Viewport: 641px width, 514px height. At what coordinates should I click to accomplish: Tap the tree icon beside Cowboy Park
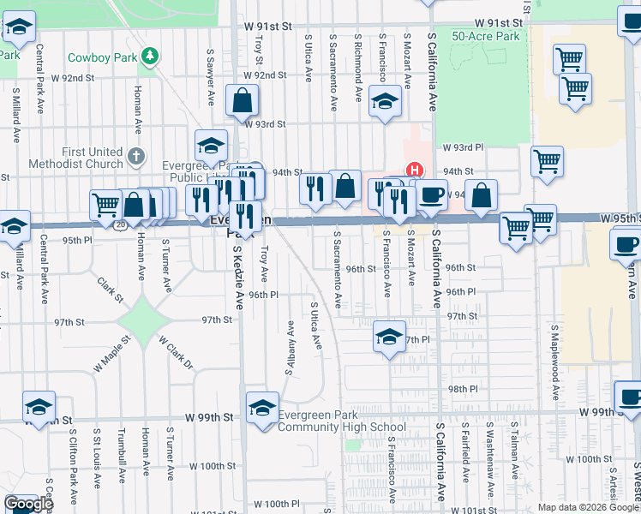tap(151, 56)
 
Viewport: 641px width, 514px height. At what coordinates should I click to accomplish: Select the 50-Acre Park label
tap(486, 37)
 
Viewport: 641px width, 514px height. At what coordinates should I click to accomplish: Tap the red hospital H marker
tap(415, 171)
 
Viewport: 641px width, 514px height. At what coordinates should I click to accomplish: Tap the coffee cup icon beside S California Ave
tap(432, 194)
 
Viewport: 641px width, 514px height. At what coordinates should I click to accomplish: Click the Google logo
tap(28, 504)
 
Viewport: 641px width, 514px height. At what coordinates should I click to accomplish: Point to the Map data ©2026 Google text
tap(587, 507)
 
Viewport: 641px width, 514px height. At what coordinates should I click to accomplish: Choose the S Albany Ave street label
tap(291, 348)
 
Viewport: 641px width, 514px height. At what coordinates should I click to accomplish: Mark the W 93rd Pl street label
tap(463, 147)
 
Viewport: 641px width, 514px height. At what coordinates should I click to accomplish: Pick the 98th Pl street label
tap(461, 388)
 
